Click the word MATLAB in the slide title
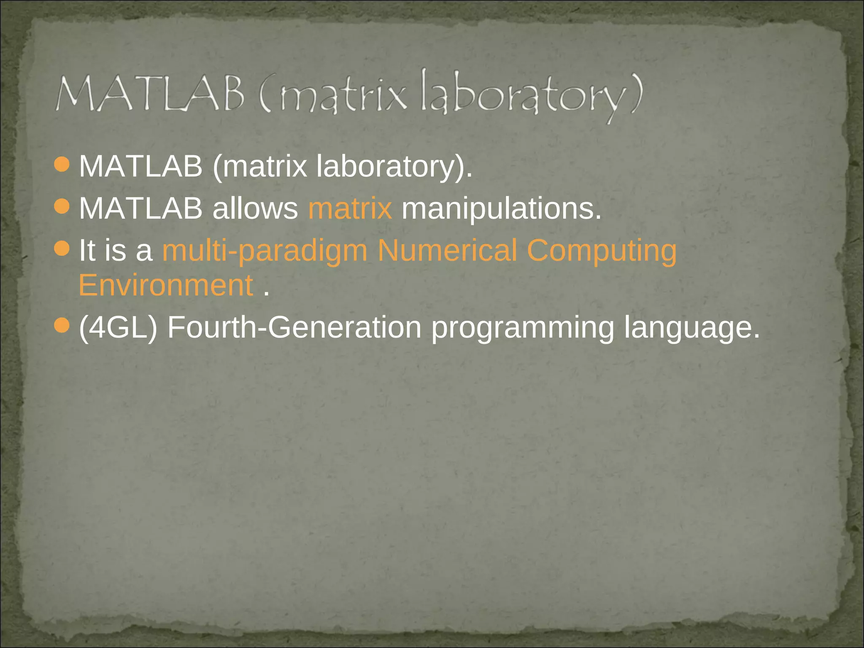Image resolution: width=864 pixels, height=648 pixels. point(150,94)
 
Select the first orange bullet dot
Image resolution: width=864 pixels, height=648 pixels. point(62,165)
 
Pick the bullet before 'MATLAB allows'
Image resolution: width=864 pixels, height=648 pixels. point(62,207)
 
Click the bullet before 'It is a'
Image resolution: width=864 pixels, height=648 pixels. point(62,248)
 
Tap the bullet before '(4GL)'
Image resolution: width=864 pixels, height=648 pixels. point(62,325)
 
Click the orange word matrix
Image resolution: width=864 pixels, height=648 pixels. point(350,209)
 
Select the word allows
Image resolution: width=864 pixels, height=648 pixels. point(255,209)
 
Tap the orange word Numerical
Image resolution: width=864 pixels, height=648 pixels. point(447,251)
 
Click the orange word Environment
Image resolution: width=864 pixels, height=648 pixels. point(166,286)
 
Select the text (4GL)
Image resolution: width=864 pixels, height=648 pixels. point(118,328)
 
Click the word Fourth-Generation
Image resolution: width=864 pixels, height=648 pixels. point(294,328)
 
